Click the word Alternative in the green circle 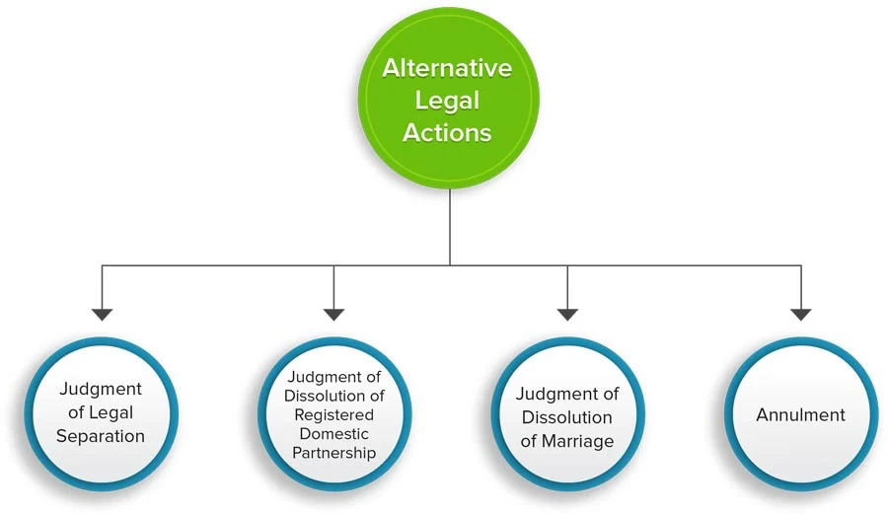coord(448,68)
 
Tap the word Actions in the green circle coord(448,131)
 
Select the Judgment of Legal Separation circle coord(101,413)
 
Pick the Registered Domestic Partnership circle coord(333,413)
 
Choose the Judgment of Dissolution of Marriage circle coord(567,413)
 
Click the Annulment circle coord(800,413)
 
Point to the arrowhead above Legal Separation coord(102,314)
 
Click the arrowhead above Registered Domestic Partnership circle coord(334,314)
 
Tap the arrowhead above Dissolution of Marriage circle coord(567,314)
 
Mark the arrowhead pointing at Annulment coord(800,314)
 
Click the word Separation coord(101,436)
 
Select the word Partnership coord(333,453)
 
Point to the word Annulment coord(800,414)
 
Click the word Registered coord(333,414)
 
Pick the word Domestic coord(333,434)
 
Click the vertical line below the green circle coord(450,227)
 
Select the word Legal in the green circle coord(448,100)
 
